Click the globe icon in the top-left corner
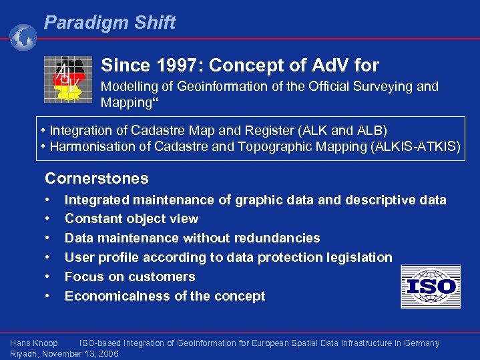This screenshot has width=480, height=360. point(23,37)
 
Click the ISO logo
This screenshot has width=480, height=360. point(431,287)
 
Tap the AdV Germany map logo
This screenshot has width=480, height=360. point(65,79)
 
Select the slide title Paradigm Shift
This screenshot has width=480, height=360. point(109,23)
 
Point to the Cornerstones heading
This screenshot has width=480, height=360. point(96,178)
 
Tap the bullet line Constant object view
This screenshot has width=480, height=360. point(131,218)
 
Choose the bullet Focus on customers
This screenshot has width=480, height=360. point(130,277)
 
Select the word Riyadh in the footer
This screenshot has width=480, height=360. point(24,354)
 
